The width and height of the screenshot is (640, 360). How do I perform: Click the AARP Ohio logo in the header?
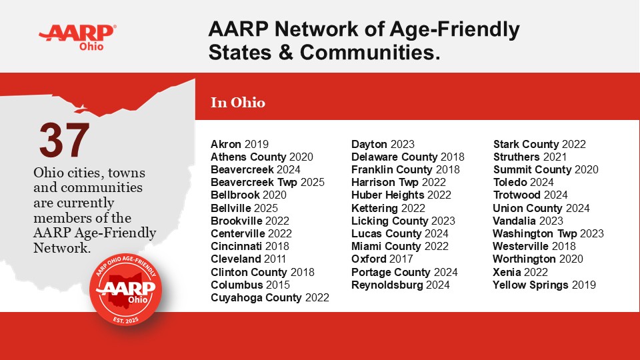click(77, 37)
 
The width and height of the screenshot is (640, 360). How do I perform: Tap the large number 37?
click(64, 141)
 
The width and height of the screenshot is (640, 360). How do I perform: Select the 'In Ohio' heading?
click(238, 103)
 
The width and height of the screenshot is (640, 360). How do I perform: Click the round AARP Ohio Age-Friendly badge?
click(127, 287)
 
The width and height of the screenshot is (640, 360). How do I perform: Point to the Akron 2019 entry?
click(239, 144)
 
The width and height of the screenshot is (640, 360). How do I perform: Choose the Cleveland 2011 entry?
click(248, 259)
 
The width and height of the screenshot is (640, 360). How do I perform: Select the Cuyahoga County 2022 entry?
click(270, 298)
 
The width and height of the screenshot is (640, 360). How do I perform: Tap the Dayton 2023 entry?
click(383, 144)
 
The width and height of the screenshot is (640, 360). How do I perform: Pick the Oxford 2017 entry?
click(382, 259)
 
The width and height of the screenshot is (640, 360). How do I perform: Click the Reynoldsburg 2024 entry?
click(400, 285)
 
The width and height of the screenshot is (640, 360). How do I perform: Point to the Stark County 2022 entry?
click(539, 144)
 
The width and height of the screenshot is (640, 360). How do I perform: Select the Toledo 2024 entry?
click(523, 182)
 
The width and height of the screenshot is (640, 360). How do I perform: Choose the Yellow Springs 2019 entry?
click(544, 285)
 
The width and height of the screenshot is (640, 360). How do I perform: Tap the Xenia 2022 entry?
click(520, 272)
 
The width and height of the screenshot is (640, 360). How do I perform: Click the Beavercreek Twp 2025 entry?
click(267, 182)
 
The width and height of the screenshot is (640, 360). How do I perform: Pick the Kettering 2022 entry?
click(388, 208)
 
